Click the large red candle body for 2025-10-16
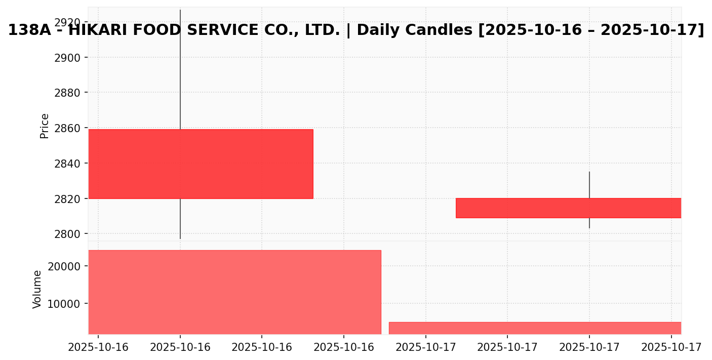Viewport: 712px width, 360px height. coord(201,164)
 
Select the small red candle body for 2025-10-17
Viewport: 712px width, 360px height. coord(568,208)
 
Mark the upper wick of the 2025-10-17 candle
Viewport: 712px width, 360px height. coord(589,185)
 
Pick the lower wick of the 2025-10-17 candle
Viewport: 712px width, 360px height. coord(589,223)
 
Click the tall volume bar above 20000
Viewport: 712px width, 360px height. coord(234,292)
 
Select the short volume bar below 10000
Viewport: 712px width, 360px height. coord(535,328)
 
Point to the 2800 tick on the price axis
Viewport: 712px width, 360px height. coord(67,234)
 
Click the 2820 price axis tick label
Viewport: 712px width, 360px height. coord(67,198)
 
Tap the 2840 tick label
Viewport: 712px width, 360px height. coord(67,164)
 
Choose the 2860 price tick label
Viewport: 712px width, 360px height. coord(67,128)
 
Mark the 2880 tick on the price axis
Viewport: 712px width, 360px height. coord(67,93)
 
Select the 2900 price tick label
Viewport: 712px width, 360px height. coord(67,58)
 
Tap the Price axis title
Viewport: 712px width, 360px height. coord(45,126)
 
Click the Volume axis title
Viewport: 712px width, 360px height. coord(37,289)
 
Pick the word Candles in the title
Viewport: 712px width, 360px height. coord(442,30)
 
